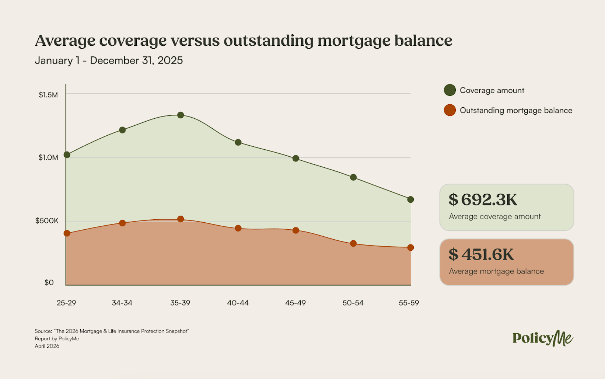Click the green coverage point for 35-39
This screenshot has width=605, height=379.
181,115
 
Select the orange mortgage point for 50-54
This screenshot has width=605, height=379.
353,243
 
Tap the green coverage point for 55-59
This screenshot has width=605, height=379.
410,199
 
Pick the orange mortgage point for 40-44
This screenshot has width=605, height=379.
238,228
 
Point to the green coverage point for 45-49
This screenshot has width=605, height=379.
295,159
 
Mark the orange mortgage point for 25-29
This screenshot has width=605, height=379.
67,233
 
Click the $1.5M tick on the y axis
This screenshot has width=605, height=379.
48,95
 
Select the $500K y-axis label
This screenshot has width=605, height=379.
47,221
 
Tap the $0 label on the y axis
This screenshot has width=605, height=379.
49,282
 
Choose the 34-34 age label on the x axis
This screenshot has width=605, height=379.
122,303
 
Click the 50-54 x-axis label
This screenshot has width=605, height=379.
353,303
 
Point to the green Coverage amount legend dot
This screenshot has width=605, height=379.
450,90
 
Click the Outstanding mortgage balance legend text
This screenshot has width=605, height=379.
516,110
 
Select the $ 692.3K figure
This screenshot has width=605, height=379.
483,199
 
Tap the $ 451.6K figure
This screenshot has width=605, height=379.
481,254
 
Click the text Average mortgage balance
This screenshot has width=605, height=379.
496,271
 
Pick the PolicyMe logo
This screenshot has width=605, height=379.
543,338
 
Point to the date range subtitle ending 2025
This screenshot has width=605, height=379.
109,60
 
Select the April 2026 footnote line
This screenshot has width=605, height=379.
47,346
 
